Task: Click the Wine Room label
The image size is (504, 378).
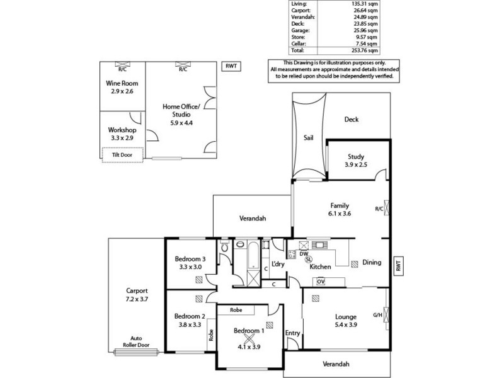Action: point(122,83)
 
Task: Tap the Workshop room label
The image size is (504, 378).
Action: point(122,130)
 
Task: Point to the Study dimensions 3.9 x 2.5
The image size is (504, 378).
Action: point(355,165)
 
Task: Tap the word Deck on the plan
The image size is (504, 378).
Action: point(351,119)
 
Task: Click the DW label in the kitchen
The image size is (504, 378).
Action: point(304,254)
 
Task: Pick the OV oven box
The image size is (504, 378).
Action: point(321,281)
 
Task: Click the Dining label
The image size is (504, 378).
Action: point(371,263)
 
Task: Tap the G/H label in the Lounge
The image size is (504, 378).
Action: point(377,315)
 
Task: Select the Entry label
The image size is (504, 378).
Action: point(293,333)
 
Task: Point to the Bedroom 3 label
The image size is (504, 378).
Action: point(190,259)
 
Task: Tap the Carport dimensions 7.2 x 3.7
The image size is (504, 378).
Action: point(136,299)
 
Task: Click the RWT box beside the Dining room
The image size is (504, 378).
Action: point(398,266)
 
